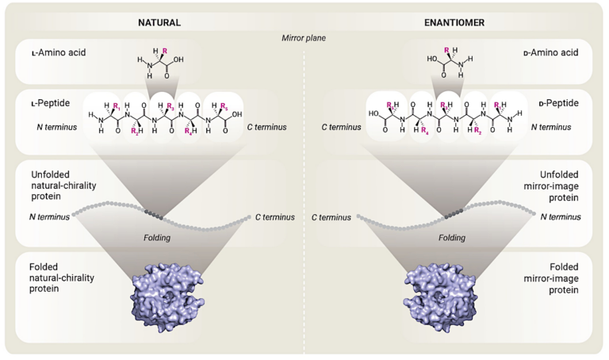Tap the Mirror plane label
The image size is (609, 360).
pos(305,37)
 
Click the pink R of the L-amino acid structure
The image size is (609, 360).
pos(164,52)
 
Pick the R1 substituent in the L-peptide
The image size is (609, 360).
pos(117,105)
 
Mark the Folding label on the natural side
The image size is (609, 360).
pos(156,236)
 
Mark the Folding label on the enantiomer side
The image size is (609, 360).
pos(453,236)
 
